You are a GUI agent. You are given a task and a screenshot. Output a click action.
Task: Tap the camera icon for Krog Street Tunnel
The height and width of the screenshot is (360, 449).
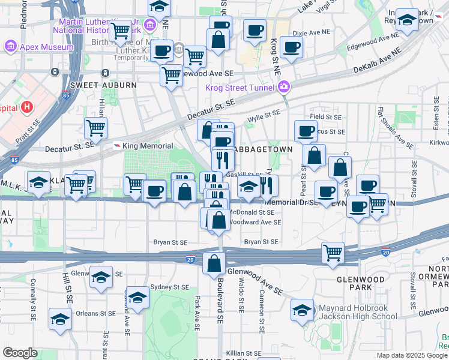[x=283, y=88]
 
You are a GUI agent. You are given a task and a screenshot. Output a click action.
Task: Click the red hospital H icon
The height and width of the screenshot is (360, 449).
[x=26, y=107]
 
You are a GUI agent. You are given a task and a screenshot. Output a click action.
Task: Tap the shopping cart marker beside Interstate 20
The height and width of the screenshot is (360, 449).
[x=333, y=252]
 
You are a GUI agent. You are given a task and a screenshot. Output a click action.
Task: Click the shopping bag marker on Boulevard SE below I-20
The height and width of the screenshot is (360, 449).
[x=214, y=262]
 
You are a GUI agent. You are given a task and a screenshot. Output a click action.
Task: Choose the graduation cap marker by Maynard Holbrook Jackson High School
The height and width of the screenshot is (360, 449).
[x=302, y=310]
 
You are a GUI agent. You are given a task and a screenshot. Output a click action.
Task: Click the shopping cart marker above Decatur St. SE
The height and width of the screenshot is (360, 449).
[x=95, y=127]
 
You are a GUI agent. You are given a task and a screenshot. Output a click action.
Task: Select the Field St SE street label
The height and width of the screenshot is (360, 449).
[x=325, y=117]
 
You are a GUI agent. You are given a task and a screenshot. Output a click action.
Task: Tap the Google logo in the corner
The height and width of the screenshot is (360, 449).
[x=20, y=353]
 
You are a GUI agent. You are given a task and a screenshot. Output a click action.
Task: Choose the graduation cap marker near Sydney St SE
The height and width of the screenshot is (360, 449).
[x=137, y=298]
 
